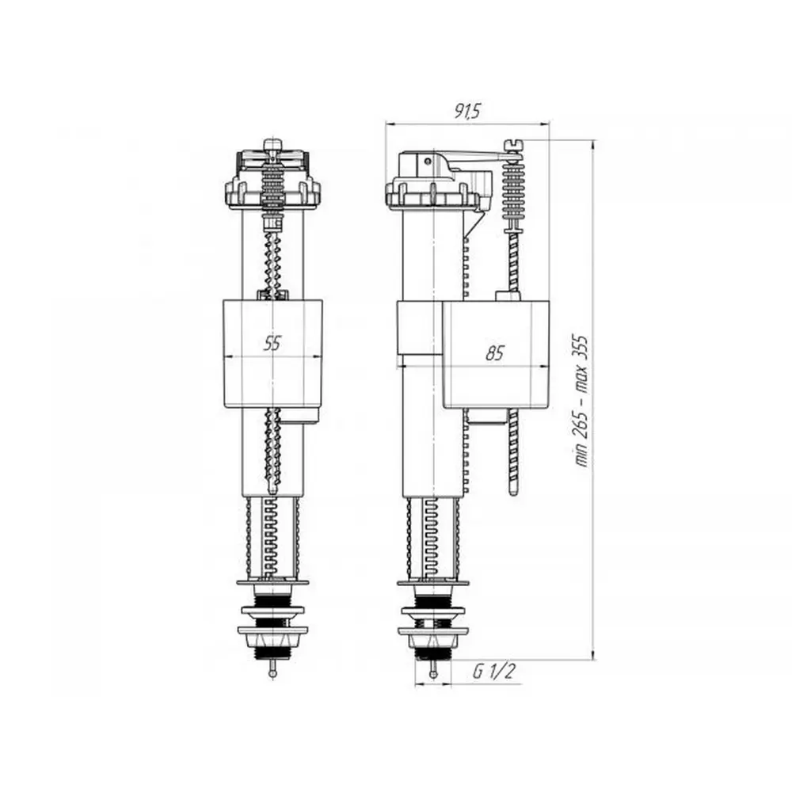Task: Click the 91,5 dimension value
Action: click(x=468, y=112)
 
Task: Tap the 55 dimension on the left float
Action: click(x=272, y=344)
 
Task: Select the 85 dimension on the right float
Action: click(x=495, y=353)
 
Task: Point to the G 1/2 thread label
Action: click(x=494, y=672)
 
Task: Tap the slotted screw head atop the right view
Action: click(x=515, y=145)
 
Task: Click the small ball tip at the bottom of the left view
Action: click(x=272, y=673)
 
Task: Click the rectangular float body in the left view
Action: click(x=272, y=353)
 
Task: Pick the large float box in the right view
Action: click(x=496, y=353)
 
